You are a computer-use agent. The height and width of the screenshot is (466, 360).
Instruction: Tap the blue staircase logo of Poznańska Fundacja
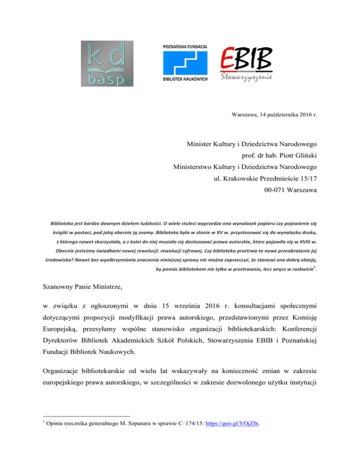coord(185,63)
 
